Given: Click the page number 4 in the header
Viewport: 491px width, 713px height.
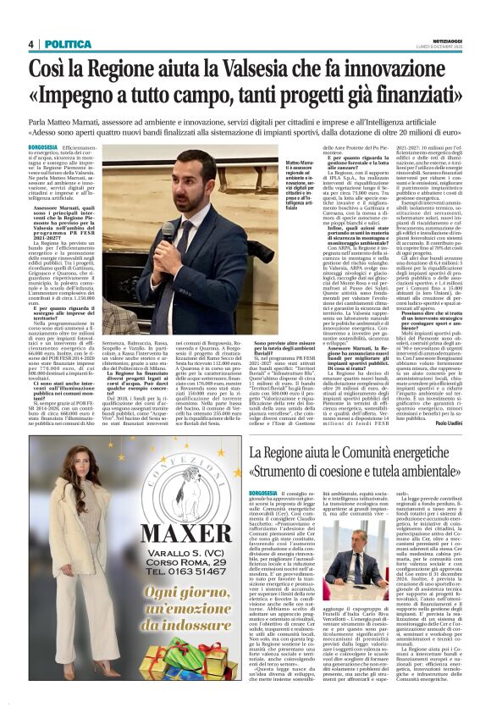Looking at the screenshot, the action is pos(30,44).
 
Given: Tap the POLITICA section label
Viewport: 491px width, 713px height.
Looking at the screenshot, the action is pos(62,44).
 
